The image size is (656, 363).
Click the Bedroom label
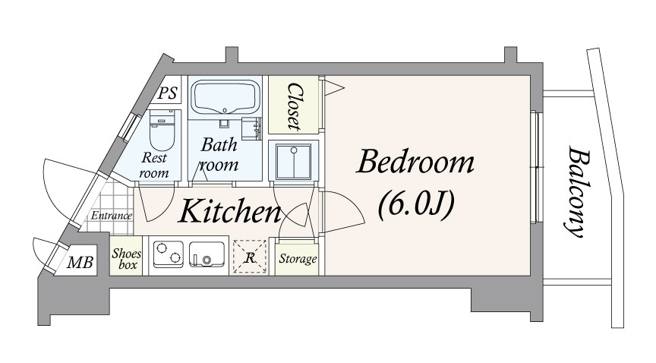click(415, 162)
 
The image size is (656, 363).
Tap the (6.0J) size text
click(416, 205)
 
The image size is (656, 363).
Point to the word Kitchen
click(230, 210)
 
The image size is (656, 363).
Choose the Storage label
click(298, 258)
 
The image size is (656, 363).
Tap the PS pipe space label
click(168, 93)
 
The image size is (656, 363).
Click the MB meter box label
click(80, 263)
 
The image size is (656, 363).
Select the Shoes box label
click(126, 259)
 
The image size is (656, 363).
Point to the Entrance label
click(112, 216)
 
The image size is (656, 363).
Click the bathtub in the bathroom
click(225, 97)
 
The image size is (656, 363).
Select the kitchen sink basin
click(207, 254)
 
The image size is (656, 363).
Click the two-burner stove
click(169, 254)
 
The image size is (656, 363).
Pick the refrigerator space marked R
click(250, 257)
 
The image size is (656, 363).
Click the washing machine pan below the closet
click(294, 162)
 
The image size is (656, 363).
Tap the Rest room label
click(154, 165)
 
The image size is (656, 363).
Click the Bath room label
click(219, 154)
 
